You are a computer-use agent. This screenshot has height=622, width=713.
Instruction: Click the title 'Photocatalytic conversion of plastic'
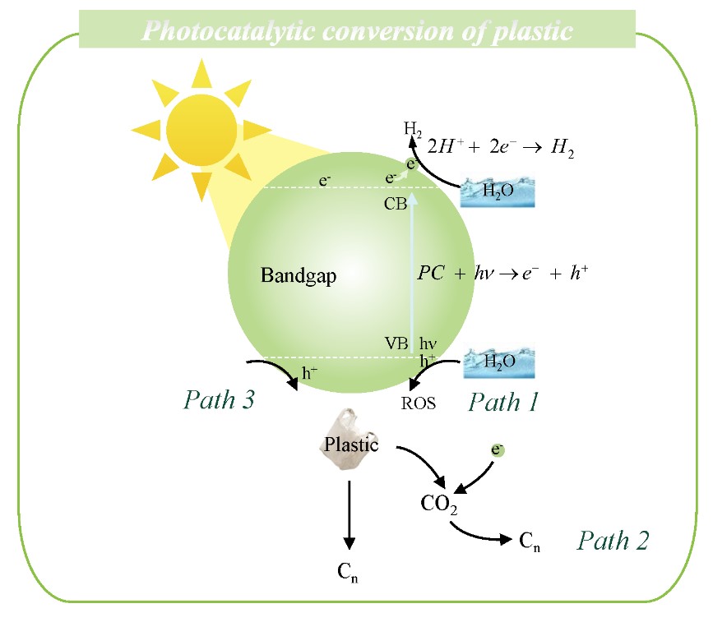point(357,31)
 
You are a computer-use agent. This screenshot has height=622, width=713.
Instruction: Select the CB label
point(396,205)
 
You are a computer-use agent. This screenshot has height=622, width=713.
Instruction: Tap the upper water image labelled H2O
point(493,191)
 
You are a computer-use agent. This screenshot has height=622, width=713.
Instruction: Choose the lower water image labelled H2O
point(498,362)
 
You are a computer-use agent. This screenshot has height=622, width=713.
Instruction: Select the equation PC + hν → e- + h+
point(502,274)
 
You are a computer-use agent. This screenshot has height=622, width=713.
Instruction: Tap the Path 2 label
point(613,541)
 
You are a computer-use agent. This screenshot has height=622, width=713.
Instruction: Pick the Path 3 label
point(218,401)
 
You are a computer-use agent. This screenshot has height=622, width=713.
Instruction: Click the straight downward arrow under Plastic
point(350,514)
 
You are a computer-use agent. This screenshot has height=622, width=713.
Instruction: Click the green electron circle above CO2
point(498,449)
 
